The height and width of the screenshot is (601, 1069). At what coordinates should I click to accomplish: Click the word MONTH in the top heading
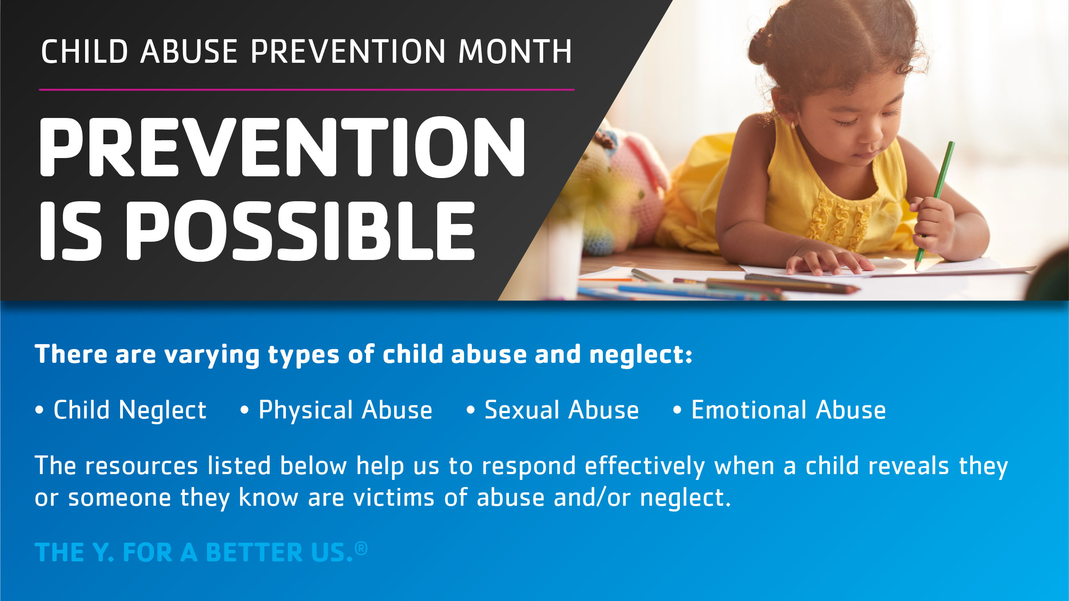(x=515, y=52)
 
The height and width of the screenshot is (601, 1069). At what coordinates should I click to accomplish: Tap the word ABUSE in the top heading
(x=189, y=52)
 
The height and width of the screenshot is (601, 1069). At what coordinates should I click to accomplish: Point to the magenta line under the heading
(x=307, y=89)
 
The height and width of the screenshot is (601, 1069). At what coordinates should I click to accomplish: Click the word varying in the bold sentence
(x=212, y=355)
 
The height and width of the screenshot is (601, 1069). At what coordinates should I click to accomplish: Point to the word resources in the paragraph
(x=142, y=467)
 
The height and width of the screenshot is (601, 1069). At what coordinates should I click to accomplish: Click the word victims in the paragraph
(x=394, y=498)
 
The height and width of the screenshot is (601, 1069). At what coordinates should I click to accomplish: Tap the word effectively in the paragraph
(x=645, y=467)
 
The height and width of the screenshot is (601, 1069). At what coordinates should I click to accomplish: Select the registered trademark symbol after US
(x=362, y=548)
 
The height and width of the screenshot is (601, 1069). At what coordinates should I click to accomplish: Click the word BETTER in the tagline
(x=255, y=552)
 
